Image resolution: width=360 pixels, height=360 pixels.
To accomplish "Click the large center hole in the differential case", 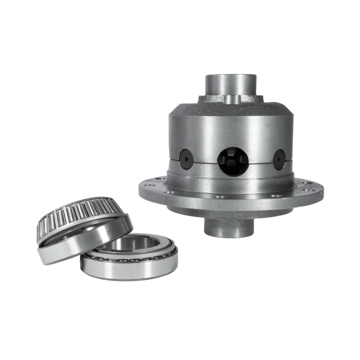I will (233, 161).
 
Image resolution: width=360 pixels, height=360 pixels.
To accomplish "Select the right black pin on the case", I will (279, 159).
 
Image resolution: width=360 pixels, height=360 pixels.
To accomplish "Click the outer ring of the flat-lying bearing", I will (130, 269).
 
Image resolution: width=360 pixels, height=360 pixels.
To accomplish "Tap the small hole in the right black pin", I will (279, 159).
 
